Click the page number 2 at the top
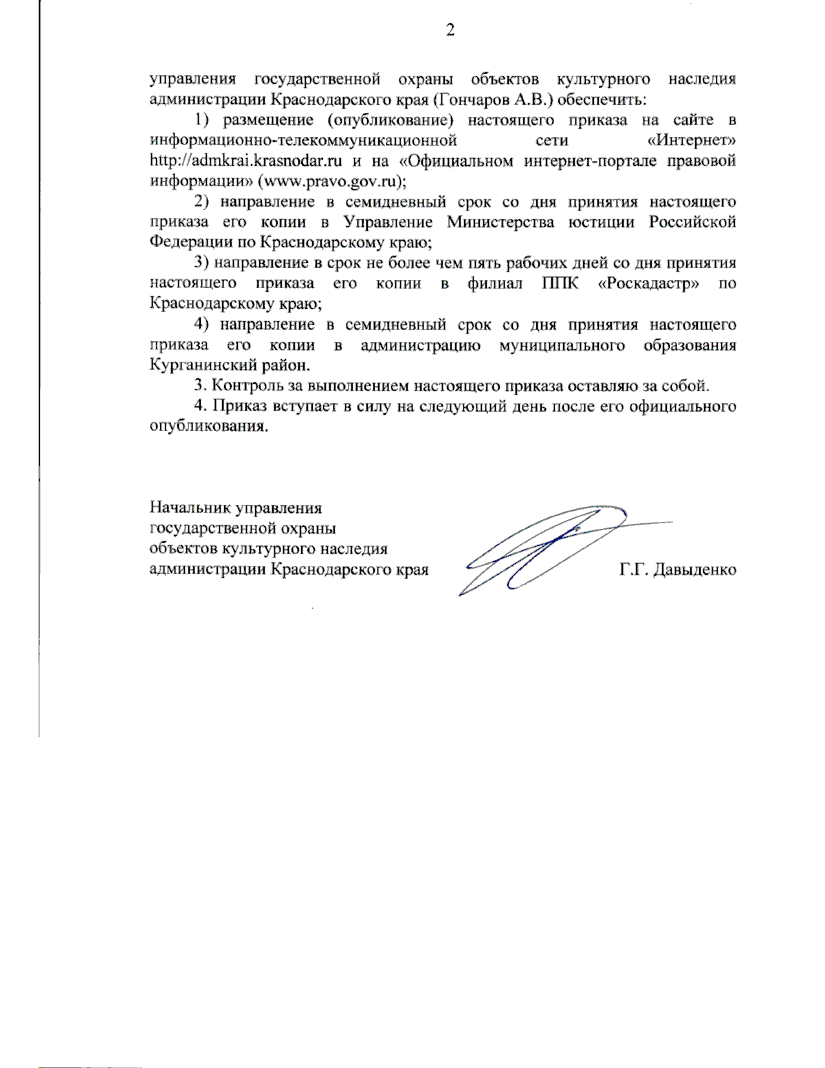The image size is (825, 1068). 450,30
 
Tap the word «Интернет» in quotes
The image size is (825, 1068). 692,140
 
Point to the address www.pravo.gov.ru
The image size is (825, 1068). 330,182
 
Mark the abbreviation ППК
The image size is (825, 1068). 557,283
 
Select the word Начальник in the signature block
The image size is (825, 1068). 190,508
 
